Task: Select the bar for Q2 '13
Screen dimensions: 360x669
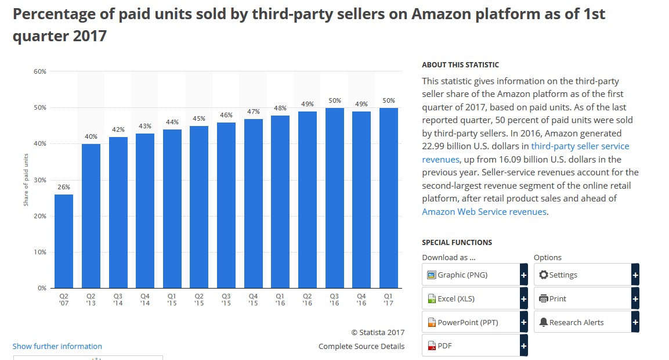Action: click(x=91, y=216)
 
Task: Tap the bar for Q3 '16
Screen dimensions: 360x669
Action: click(x=334, y=198)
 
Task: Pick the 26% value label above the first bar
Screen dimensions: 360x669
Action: click(x=64, y=187)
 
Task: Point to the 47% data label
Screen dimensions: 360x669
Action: click(x=253, y=111)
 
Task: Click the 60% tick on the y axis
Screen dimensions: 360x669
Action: click(x=40, y=71)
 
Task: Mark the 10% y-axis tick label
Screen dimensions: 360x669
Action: click(x=40, y=252)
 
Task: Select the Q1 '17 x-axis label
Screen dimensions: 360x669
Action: click(x=388, y=299)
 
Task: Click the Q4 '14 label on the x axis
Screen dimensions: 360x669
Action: click(x=145, y=299)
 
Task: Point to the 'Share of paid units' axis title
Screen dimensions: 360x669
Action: click(x=26, y=179)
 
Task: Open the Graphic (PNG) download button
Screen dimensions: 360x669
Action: click(x=471, y=275)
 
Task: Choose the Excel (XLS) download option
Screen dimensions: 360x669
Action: click(x=471, y=298)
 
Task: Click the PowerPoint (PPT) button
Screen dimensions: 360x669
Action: click(x=471, y=322)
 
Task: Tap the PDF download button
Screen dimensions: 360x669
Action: click(x=471, y=346)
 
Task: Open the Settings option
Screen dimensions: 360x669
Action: click(x=583, y=275)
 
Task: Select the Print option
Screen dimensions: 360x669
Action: click(x=583, y=298)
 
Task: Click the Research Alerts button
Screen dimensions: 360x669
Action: click(x=583, y=322)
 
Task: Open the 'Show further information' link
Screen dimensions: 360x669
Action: click(x=57, y=346)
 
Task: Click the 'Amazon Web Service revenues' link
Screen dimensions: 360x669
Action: click(x=484, y=211)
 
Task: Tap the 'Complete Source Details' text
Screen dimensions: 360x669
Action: click(x=361, y=346)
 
